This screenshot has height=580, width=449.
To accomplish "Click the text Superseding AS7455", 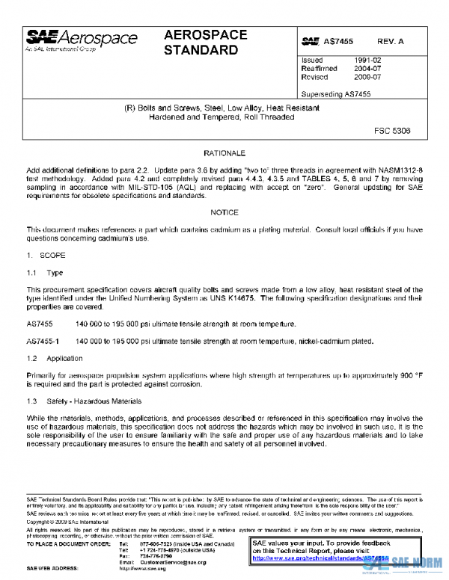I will [335, 94].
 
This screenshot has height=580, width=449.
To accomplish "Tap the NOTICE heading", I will [224, 212].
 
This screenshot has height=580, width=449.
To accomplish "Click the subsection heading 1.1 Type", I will [45, 274].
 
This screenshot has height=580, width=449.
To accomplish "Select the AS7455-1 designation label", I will [45, 341].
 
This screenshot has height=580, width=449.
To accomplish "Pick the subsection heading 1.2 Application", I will [55, 359].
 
